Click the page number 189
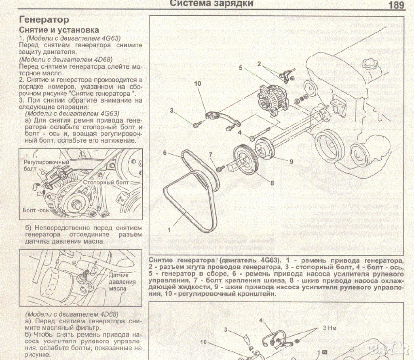[x=397, y=5]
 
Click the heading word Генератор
[x=44, y=19]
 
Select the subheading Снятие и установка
[x=59, y=30]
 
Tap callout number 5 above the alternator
[x=241, y=68]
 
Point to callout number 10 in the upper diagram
[x=197, y=84]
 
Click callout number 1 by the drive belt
[x=169, y=229]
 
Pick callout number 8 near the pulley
[x=272, y=183]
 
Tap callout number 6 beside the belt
[x=165, y=153]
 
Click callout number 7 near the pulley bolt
[x=211, y=155]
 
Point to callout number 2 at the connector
[x=259, y=63]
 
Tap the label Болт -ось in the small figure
[x=36, y=211]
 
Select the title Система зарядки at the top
[x=211, y=4]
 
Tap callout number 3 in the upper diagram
[x=171, y=110]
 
